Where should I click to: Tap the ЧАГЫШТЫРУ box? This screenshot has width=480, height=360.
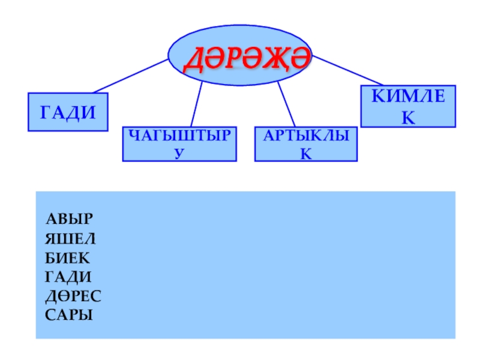(x=179, y=144)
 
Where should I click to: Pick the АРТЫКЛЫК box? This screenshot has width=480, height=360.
(x=306, y=144)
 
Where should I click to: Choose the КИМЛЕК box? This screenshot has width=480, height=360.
(x=407, y=106)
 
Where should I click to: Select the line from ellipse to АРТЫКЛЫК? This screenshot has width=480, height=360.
(x=286, y=104)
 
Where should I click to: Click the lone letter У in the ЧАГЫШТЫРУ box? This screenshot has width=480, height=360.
(x=179, y=154)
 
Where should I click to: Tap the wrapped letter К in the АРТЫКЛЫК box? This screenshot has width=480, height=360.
(x=306, y=155)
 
